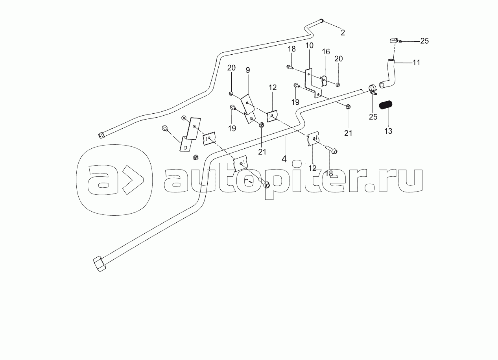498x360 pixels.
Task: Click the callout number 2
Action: [x=343, y=33]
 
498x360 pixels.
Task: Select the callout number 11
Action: [x=416, y=63]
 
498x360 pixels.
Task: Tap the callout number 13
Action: [x=388, y=131]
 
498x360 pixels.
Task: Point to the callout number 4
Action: [x=284, y=159]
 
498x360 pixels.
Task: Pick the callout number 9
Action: [x=248, y=70]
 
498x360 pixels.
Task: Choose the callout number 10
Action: [x=309, y=46]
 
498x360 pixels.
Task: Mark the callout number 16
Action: [x=326, y=52]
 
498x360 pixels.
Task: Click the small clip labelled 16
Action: [x=325, y=80]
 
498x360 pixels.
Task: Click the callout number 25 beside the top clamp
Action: [x=424, y=41]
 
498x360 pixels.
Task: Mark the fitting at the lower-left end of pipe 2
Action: [x=101, y=135]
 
